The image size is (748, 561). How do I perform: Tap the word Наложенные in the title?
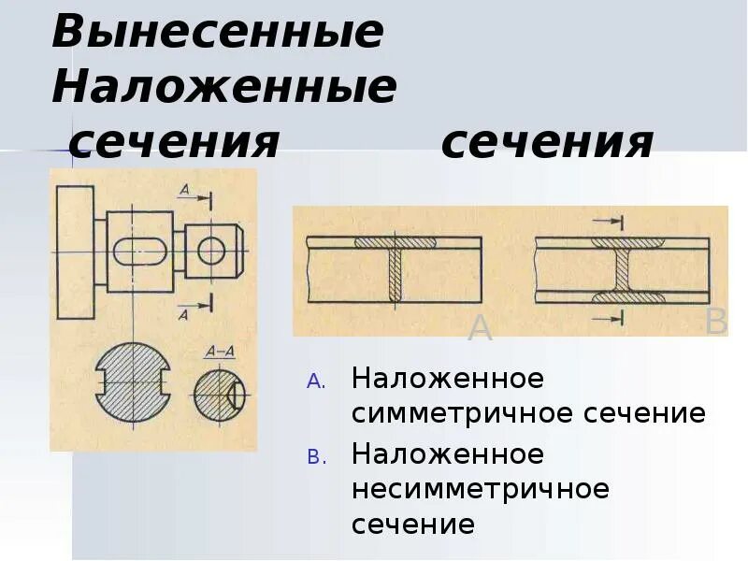pos(224,87)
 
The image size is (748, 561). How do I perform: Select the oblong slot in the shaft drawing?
pos(141,252)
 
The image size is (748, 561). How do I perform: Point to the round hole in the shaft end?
pos(211,250)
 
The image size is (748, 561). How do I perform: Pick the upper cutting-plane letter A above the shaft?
pos(184,191)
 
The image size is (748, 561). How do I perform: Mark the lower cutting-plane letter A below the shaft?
pos(183,315)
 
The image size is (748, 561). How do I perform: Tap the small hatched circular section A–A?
pos(218,393)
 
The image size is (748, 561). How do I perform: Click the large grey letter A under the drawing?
pos(480,329)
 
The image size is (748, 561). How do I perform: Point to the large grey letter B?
pos(716,323)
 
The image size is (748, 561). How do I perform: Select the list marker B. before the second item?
pos(314,456)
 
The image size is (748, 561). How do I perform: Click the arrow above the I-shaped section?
pos(609,222)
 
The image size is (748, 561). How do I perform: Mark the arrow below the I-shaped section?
pos(609,319)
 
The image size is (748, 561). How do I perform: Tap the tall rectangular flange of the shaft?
pos(75,252)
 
